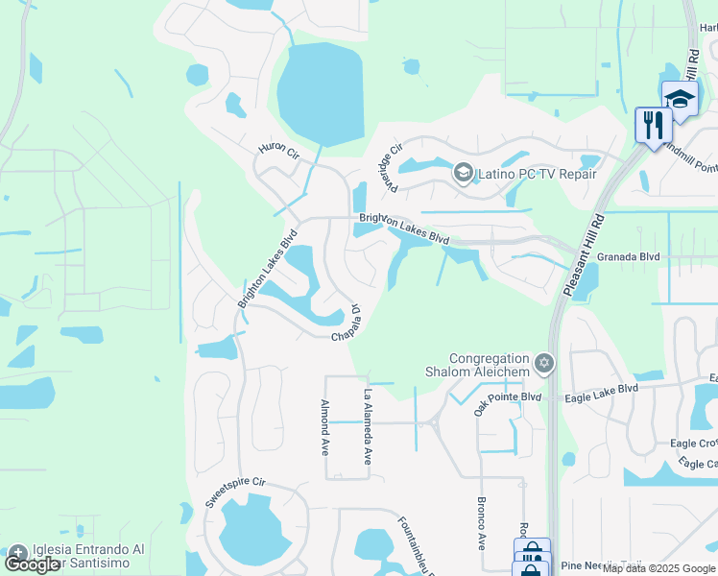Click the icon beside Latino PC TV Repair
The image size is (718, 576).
(x=464, y=173)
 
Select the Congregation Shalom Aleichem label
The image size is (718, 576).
(x=477, y=364)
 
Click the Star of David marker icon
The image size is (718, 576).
(x=544, y=363)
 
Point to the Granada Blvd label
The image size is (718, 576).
(x=629, y=257)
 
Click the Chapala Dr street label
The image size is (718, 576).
(x=347, y=324)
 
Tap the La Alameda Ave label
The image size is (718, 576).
(x=366, y=427)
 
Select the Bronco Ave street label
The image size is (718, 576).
(x=482, y=522)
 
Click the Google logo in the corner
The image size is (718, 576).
(x=32, y=564)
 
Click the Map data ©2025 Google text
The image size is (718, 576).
(x=658, y=568)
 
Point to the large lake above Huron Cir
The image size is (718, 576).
(x=321, y=94)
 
